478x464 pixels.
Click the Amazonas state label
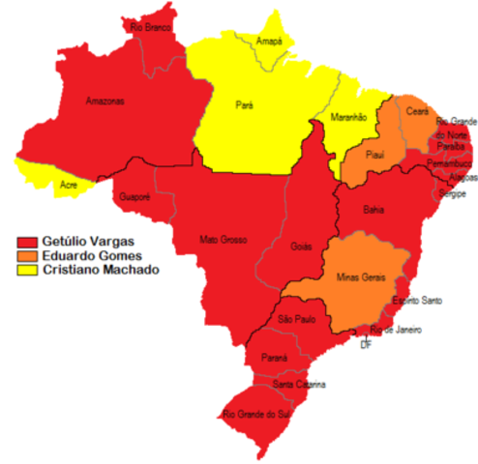pos(104,101)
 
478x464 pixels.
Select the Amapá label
pos(271,42)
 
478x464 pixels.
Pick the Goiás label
pos(302,246)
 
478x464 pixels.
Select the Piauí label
pos(373,155)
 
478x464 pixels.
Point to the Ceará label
pos(417,112)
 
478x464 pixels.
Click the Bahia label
pos(373,209)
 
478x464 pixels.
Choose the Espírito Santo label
pos(417,302)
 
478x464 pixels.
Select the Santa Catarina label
pos(298,385)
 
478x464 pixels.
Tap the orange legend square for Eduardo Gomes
pos(26,255)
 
